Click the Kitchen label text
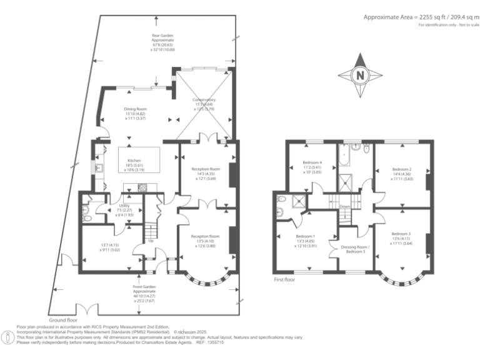pos(136,160)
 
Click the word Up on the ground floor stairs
pos(151,241)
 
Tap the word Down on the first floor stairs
pos(344,206)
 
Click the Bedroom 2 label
pos(401,169)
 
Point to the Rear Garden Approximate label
pos(163,39)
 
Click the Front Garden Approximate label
pos(144,291)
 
